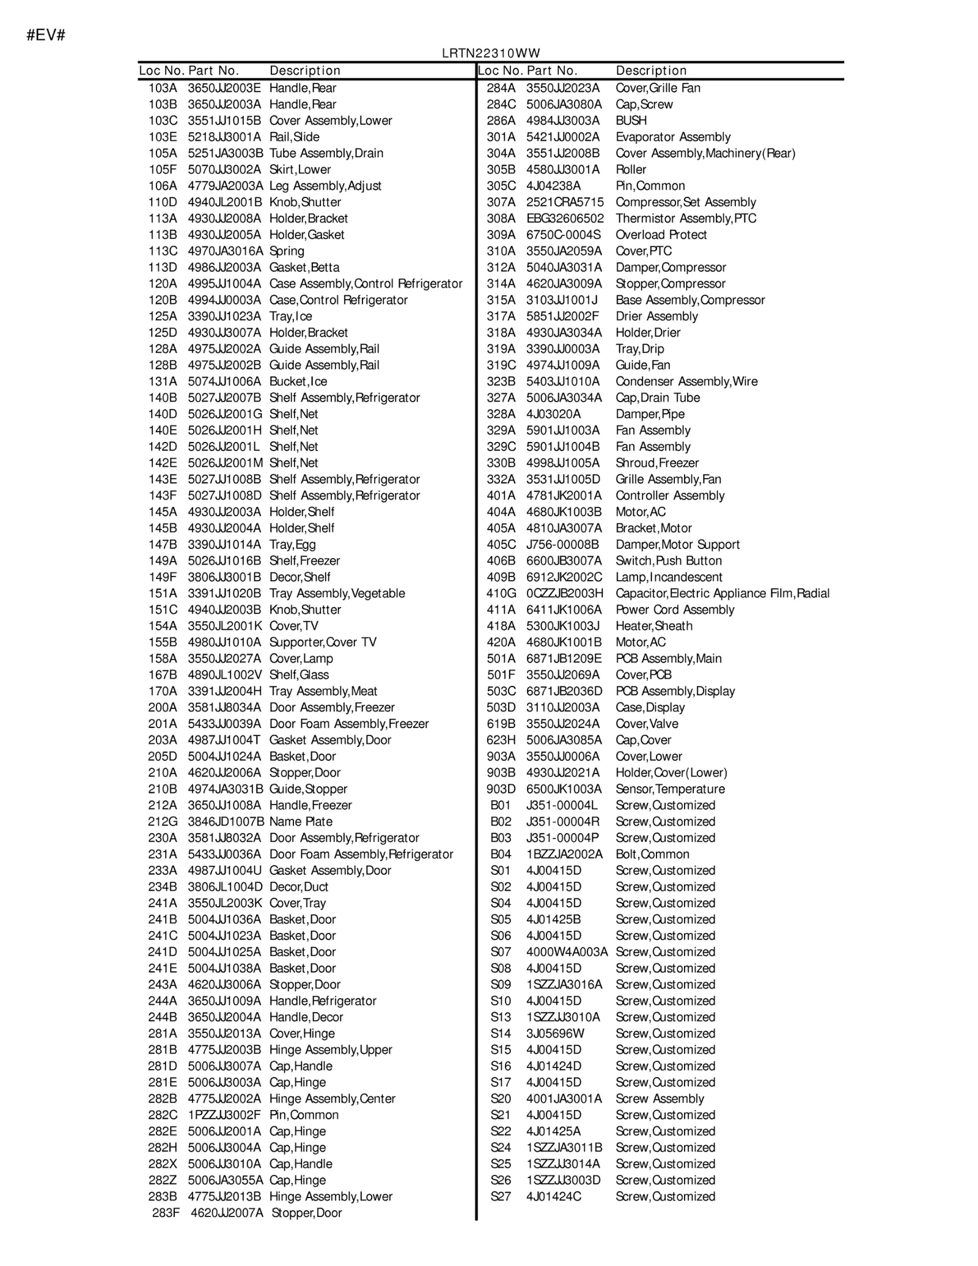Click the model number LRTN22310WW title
pos(491,53)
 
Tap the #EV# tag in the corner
pos(46,35)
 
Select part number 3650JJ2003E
pos(224,88)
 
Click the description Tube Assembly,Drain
pos(326,153)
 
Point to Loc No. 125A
pos(163,317)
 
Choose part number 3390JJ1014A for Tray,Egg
pos(224,545)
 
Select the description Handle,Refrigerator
pos(322,1001)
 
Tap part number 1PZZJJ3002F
pos(224,1115)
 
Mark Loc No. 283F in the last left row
pos(166,1213)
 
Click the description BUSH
pos(631,121)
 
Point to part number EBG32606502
pos(565,219)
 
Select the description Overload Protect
pos(661,235)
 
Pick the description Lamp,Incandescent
pos(669,577)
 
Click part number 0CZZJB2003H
pos(564,594)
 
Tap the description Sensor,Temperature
pos(670,789)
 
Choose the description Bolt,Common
pos(652,855)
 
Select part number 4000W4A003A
pos(567,952)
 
